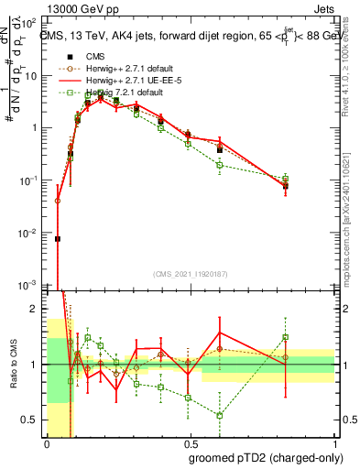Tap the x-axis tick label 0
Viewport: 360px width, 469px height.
47,440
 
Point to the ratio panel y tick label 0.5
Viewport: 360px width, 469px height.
32,420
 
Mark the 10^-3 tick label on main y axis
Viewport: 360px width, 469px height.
30,287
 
